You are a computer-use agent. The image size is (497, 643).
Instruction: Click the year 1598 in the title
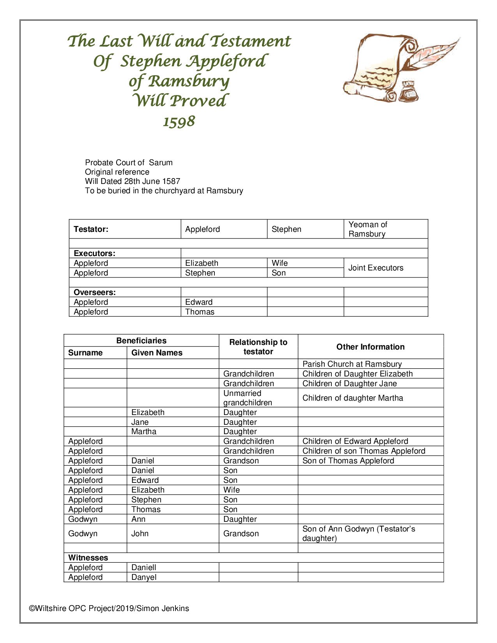point(179,122)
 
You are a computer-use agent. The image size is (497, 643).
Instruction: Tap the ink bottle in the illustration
point(409,92)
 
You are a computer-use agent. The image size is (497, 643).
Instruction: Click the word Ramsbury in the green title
point(189,81)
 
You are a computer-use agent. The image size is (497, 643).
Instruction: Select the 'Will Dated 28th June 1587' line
point(133,181)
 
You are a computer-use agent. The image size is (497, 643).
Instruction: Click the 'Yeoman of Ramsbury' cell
point(367,229)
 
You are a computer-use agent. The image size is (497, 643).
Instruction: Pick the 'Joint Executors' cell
point(376,268)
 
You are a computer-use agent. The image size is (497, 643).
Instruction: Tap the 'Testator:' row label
point(91,229)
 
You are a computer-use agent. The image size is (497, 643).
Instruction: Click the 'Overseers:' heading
point(95,292)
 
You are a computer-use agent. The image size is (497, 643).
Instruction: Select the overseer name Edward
point(199,302)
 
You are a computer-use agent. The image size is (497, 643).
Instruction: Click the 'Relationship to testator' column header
point(258,347)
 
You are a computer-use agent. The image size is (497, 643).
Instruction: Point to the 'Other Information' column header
point(370,347)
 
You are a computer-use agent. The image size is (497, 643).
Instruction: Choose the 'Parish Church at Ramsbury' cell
point(352,364)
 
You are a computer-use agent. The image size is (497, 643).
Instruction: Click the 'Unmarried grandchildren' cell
point(247,398)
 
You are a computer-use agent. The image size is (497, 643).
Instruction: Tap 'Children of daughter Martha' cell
point(353,398)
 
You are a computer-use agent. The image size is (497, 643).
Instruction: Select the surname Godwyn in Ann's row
point(83,519)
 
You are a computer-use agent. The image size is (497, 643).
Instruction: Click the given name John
point(140,533)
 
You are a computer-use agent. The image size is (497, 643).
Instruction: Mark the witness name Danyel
point(144,577)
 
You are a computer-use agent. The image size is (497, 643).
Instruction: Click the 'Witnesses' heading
point(88,558)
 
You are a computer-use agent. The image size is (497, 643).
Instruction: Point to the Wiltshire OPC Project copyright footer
point(109,608)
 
